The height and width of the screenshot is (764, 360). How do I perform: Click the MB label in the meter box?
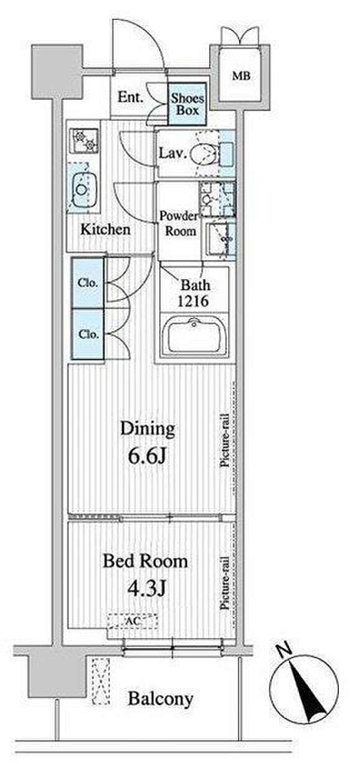pyautogui.click(x=242, y=76)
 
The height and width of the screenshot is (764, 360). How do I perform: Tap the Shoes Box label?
pyautogui.click(x=187, y=104)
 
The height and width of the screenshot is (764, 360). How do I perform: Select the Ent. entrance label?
pyautogui.click(x=130, y=98)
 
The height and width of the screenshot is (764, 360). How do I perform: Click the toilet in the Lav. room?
pyautogui.click(x=204, y=153)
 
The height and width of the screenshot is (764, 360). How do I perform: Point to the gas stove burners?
pyautogui.click(x=84, y=140)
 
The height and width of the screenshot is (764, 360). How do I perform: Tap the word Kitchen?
pyautogui.click(x=105, y=229)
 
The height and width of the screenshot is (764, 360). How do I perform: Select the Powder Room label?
pyautogui.click(x=179, y=224)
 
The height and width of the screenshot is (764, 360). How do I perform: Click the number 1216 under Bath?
pyautogui.click(x=192, y=301)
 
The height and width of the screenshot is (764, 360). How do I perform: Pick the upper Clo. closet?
pyautogui.click(x=88, y=283)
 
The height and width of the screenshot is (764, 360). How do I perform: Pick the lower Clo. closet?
pyautogui.click(x=88, y=334)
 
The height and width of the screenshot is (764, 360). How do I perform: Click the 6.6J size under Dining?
pyautogui.click(x=147, y=456)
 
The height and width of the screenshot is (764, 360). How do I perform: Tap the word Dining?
pyautogui.click(x=148, y=430)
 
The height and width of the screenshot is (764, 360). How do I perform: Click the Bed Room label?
pyautogui.click(x=145, y=561)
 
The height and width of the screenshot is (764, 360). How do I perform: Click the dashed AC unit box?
pyautogui.click(x=133, y=621)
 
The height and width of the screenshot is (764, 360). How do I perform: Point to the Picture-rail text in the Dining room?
pyautogui.click(x=225, y=440)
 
